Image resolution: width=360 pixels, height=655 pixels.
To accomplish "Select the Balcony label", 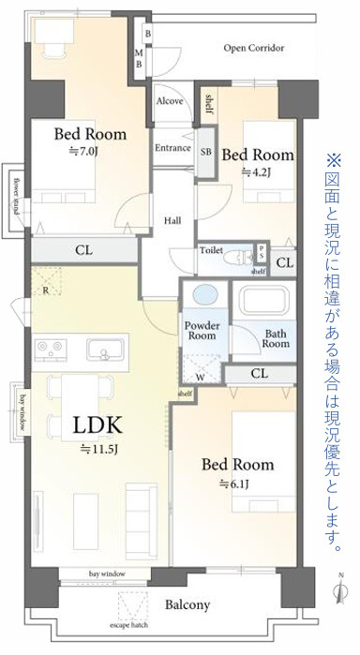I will coord(188,605).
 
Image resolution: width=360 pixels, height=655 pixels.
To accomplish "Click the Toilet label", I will coord(210,250).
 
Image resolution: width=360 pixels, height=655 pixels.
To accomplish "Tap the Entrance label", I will coord(172,148).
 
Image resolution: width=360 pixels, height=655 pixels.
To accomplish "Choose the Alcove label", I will coord(170,100).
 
